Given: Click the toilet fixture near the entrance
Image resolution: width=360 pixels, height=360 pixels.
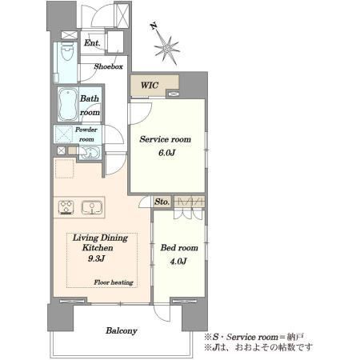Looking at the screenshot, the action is click(67, 51).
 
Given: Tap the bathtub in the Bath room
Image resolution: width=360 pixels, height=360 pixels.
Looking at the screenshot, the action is click(68, 104).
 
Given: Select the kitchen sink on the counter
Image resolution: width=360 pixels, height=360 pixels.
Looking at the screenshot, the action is click(92, 207).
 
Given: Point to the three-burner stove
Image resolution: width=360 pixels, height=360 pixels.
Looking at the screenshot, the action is click(66, 207).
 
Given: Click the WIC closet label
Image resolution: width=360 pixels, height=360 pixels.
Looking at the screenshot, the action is click(150, 86).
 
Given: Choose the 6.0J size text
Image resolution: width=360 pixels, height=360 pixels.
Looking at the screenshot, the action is click(166, 153).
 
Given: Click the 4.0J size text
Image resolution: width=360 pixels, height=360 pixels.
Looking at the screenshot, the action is click(178, 261).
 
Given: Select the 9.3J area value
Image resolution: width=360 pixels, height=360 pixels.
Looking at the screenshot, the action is click(96, 258).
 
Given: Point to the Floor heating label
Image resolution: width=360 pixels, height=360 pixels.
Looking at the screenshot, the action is click(114, 282).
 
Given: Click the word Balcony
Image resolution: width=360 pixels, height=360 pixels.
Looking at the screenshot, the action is click(122, 330).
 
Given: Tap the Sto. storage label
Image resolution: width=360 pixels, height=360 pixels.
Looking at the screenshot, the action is click(162, 202).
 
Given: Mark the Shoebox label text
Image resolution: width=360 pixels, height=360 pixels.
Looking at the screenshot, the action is click(108, 66).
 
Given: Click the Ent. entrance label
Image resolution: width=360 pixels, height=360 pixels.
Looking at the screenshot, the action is click(92, 42).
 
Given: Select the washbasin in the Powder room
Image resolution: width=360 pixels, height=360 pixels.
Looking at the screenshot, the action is click(90, 153).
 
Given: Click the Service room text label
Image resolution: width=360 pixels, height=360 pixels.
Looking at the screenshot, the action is click(166, 139).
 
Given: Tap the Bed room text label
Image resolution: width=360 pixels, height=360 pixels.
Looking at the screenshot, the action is click(179, 248).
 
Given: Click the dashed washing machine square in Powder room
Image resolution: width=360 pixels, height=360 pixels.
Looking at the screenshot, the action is click(64, 134).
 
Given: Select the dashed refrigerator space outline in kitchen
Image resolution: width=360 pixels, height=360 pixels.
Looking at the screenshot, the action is click(64, 168).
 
